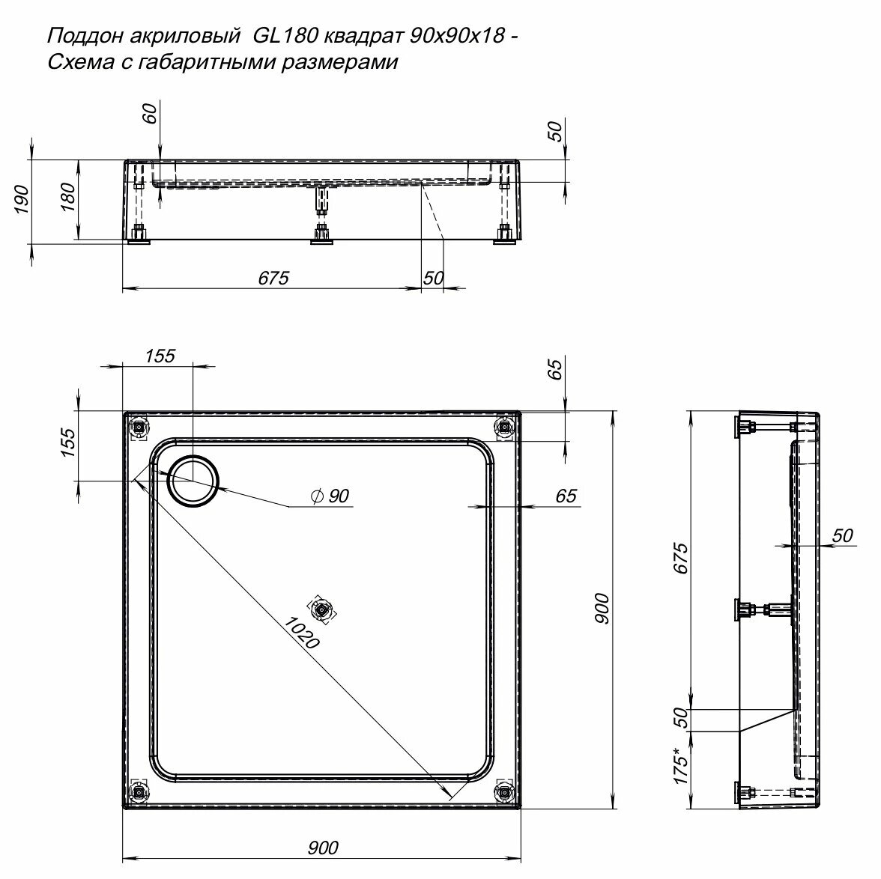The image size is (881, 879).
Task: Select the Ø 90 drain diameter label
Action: pyautogui.click(x=330, y=496)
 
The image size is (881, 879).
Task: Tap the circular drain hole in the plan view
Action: pyautogui.click(x=194, y=481)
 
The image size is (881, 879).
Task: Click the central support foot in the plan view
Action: pyautogui.click(x=322, y=610)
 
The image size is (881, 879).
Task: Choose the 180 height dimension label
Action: pyautogui.click(x=67, y=198)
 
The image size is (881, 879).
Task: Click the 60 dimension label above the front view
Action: pyautogui.click(x=150, y=114)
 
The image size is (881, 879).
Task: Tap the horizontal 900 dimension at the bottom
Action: pyautogui.click(x=323, y=848)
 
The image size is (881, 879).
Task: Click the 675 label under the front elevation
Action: pyautogui.click(x=273, y=278)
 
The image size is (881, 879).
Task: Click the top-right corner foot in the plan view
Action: pyautogui.click(x=504, y=427)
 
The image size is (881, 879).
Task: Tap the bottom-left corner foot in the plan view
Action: pyautogui.click(x=138, y=791)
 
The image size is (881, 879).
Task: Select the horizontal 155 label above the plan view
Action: pyautogui.click(x=160, y=356)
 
